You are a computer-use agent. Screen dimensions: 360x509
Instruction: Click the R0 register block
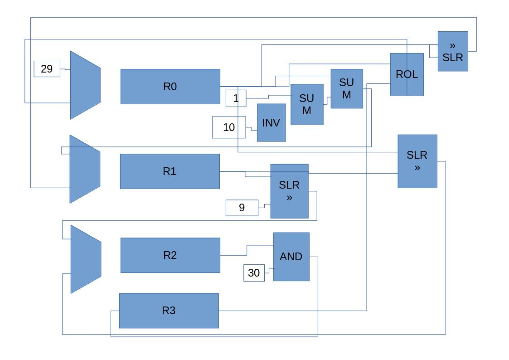170,87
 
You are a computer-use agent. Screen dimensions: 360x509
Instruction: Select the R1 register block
170,171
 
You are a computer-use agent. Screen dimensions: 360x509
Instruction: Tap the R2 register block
170,255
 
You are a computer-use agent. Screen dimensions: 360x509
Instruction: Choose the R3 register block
169,311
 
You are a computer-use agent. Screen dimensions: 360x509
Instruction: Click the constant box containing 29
47,69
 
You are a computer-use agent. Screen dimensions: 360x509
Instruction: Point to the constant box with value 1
236,98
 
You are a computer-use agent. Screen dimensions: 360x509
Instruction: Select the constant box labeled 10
229,127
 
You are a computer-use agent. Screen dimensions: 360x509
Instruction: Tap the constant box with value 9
242,208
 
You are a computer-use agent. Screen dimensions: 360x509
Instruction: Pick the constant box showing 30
254,273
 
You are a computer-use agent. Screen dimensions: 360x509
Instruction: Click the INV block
271,123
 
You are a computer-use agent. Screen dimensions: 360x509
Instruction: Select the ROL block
407,74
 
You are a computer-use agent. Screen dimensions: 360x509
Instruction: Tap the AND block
291,257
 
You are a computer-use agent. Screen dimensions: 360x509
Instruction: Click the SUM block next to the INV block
307,104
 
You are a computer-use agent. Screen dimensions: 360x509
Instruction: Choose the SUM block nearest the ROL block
346,89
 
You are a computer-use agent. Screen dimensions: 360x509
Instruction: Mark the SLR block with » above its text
452,51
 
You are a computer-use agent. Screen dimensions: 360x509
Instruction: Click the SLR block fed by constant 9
289,191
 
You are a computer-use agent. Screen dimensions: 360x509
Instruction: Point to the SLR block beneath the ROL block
417,161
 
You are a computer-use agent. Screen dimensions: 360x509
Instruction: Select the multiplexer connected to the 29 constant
85,85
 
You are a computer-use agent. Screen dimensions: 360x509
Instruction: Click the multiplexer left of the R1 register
84,169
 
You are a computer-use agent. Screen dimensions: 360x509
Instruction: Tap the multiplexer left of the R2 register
85,259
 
